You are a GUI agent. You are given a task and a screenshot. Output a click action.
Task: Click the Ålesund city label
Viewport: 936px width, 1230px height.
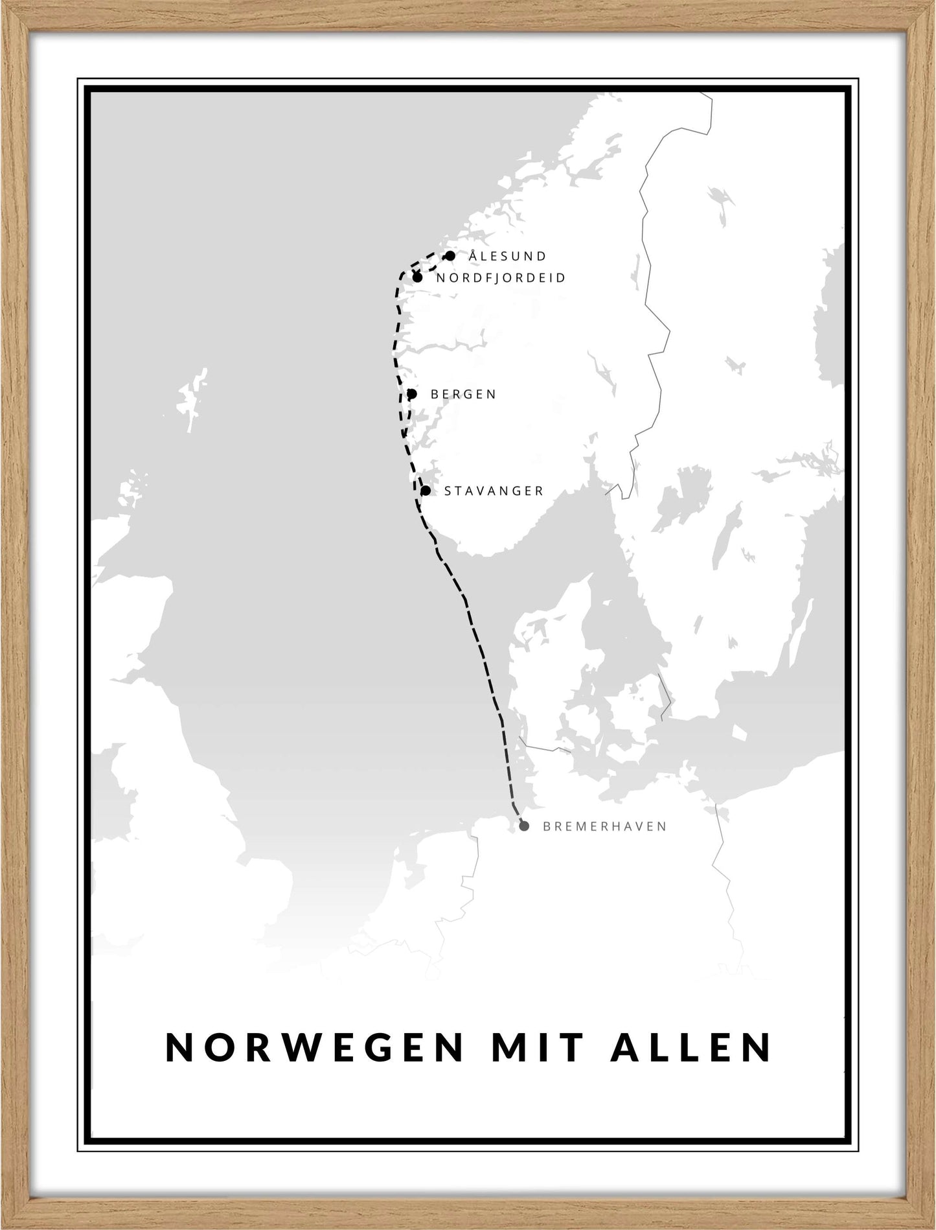tap(508, 256)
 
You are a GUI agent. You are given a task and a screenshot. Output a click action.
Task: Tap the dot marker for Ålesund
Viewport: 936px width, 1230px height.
tap(450, 256)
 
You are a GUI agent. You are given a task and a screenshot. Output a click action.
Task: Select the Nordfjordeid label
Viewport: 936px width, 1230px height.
tap(501, 278)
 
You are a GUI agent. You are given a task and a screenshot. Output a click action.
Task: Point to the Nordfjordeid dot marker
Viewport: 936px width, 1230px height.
tap(417, 278)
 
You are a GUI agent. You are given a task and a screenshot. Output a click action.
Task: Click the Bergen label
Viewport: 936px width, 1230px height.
tap(463, 394)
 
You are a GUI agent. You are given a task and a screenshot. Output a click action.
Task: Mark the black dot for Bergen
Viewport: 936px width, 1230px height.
tap(412, 393)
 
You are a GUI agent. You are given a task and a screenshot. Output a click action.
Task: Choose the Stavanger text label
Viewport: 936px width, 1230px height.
tap(494, 491)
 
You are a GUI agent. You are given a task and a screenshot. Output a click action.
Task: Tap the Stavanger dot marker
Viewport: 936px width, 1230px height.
tap(426, 491)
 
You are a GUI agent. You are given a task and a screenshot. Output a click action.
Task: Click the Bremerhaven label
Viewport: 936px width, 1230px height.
tap(604, 826)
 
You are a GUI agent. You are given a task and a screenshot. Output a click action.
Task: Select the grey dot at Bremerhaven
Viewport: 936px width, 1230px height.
tap(524, 826)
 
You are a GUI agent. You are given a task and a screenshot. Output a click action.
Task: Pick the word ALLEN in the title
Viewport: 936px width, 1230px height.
tap(691, 1047)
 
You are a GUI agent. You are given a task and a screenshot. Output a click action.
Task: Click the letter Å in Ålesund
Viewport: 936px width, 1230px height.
tap(473, 255)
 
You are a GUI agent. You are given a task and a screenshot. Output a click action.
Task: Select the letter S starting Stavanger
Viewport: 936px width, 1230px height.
tap(448, 491)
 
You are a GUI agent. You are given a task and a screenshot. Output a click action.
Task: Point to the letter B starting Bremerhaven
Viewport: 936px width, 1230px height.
tap(547, 826)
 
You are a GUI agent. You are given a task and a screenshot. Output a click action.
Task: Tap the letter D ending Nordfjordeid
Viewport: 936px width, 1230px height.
tap(562, 278)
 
